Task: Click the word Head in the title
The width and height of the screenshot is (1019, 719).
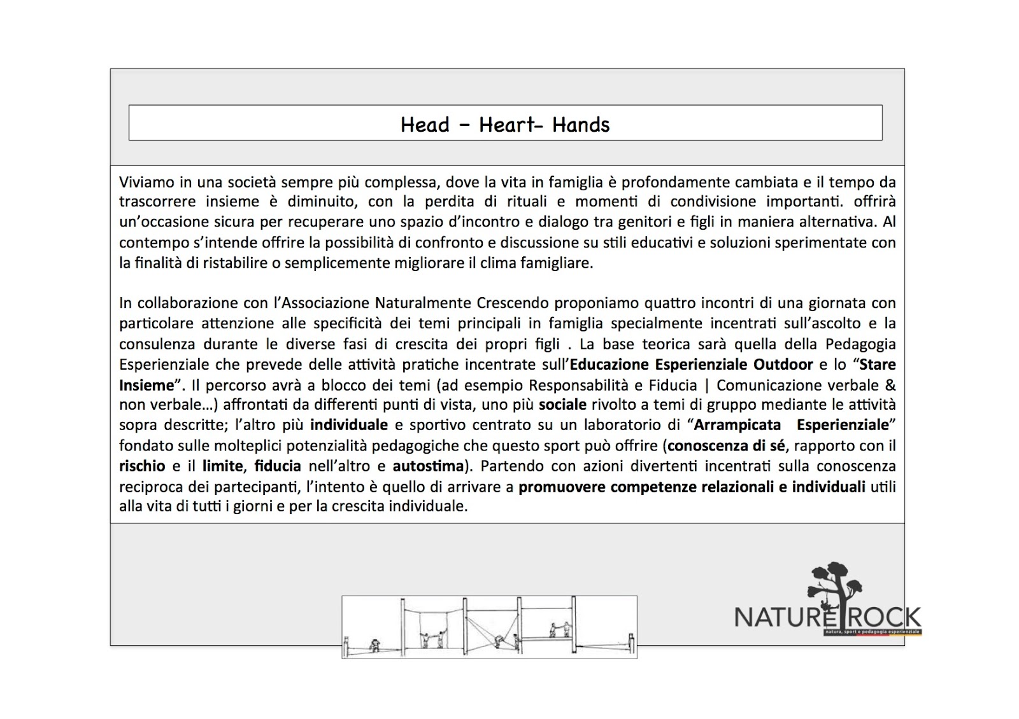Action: [x=425, y=124]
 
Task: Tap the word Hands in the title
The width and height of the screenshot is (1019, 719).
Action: [x=581, y=124]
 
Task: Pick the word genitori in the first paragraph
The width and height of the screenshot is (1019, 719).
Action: [x=609, y=222]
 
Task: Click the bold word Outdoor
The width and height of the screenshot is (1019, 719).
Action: [x=783, y=365]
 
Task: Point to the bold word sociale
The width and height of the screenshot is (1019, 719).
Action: [x=562, y=405]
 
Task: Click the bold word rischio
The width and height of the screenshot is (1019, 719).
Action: [x=142, y=466]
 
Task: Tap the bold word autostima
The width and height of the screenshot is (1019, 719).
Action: [x=428, y=466]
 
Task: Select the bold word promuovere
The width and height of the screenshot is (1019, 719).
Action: [x=562, y=487]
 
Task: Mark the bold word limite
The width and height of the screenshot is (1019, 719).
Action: [x=223, y=466]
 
